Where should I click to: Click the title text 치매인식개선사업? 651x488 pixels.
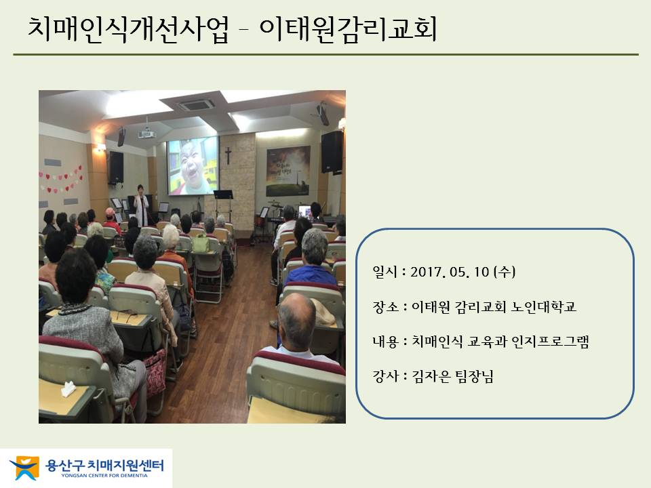pos(128,29)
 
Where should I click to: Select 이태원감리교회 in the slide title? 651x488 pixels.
pos(349,29)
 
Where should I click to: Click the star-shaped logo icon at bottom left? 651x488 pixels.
pos(25,468)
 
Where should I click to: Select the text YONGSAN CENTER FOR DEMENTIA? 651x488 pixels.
pos(104,476)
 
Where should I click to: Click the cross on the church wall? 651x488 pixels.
pos(228,156)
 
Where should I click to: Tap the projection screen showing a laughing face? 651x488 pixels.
pos(193,166)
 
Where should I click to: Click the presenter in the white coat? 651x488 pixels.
pos(141,206)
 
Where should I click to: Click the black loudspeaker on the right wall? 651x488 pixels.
pos(332,152)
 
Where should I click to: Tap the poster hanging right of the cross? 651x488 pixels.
pos(288,171)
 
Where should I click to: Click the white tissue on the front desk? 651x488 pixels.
pos(68,389)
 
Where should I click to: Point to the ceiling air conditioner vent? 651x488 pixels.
pos(197,104)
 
